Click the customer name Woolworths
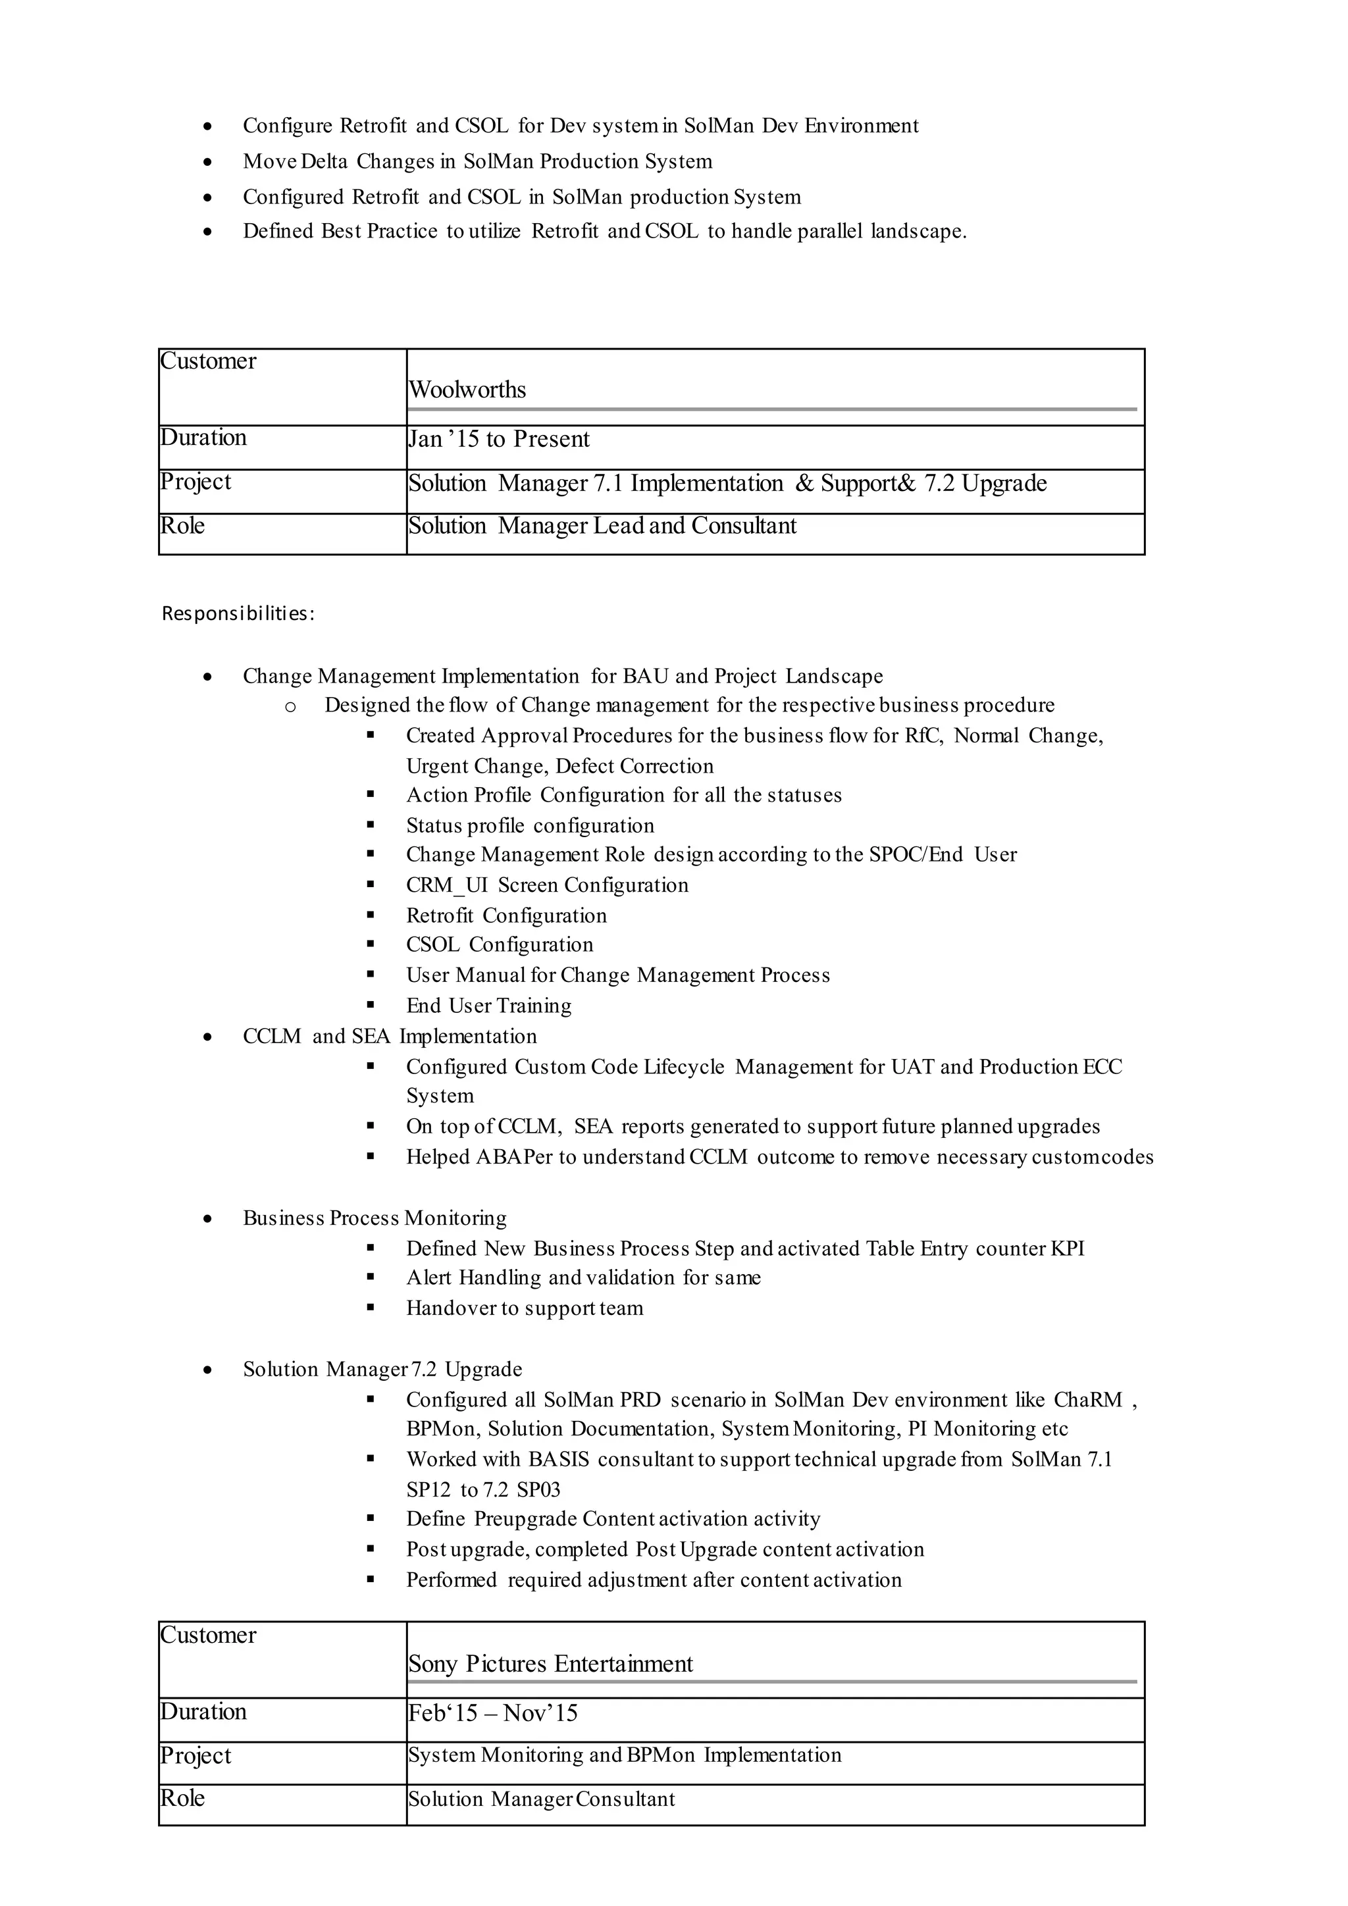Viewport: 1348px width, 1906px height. pyautogui.click(x=467, y=390)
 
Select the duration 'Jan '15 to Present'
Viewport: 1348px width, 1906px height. pyautogui.click(x=499, y=438)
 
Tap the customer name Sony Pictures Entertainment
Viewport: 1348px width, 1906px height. pyautogui.click(x=550, y=1664)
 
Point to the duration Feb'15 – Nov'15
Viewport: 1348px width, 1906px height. pyautogui.click(x=493, y=1713)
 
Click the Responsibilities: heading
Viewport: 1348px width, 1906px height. pyautogui.click(x=238, y=613)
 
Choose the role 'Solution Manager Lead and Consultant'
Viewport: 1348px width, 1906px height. pyautogui.click(x=602, y=525)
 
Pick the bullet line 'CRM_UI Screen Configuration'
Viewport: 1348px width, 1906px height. pyautogui.click(x=547, y=885)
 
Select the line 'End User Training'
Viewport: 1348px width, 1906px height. pyautogui.click(x=489, y=1005)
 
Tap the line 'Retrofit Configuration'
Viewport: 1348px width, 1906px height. pyautogui.click(x=506, y=915)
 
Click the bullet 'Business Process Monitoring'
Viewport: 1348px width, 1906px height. pyautogui.click(x=375, y=1218)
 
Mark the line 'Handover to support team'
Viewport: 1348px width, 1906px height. pyautogui.click(x=525, y=1308)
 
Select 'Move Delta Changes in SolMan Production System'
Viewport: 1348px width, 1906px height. pyautogui.click(x=477, y=161)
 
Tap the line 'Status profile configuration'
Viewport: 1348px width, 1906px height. pyautogui.click(x=530, y=825)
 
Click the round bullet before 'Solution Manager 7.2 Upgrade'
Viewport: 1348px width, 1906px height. pyautogui.click(x=207, y=1370)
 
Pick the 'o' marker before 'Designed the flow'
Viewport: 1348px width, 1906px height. pyautogui.click(x=290, y=706)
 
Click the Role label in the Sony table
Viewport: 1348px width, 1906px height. pyautogui.click(x=182, y=1798)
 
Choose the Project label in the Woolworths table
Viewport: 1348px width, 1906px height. pyautogui.click(x=196, y=482)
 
